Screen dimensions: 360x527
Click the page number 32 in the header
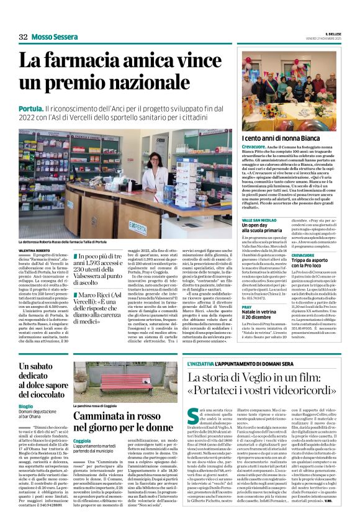23,37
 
